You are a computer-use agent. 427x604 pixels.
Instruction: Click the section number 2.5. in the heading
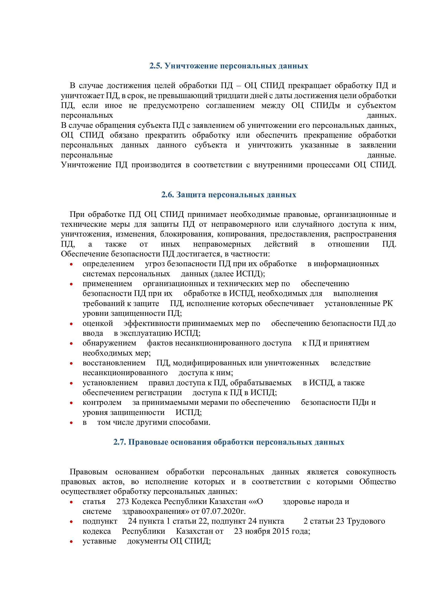point(156,66)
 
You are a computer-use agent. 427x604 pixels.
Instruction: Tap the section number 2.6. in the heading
point(168,195)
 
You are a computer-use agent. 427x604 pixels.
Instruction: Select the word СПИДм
point(325,106)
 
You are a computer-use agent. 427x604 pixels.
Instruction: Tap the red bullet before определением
point(71,264)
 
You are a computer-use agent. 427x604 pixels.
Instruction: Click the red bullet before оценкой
point(71,324)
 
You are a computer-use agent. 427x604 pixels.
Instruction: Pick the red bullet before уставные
point(71,542)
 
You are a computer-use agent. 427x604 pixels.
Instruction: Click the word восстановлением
point(114,363)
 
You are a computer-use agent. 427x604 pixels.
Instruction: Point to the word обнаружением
point(109,343)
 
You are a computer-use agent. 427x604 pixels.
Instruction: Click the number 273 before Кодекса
point(123,502)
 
